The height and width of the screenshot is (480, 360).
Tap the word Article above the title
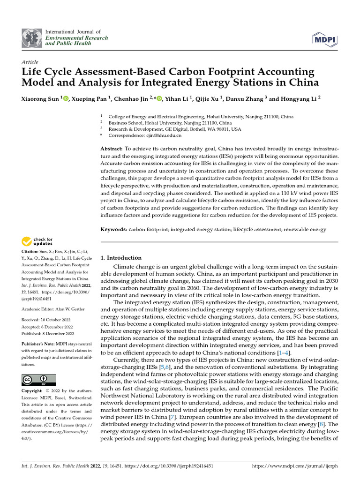[30, 62]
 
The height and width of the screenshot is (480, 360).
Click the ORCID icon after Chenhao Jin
[159, 99]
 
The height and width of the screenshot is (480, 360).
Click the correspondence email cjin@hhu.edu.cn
[164, 135]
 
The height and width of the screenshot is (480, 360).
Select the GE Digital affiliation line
[175, 129]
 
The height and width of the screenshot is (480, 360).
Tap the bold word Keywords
[114, 229]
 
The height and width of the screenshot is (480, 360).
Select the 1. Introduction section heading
[121, 258]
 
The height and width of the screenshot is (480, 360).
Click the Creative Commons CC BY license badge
[39, 380]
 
